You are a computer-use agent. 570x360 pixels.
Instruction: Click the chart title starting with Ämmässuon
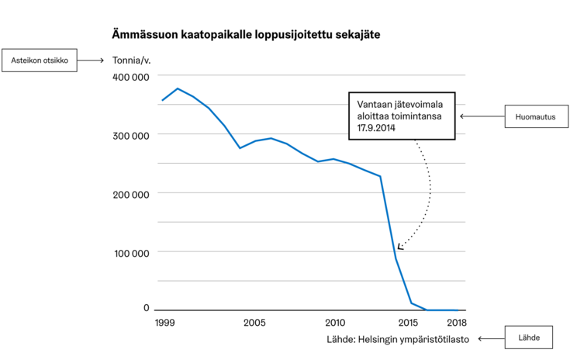pyautogui.click(x=246, y=35)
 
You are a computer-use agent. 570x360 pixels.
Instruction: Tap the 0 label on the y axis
pyautogui.click(x=146, y=308)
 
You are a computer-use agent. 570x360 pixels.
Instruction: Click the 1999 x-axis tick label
pyautogui.click(x=164, y=323)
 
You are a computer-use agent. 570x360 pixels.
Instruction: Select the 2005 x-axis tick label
pyautogui.click(x=254, y=323)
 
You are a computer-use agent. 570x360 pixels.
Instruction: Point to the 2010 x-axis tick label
pyautogui.click(x=335, y=323)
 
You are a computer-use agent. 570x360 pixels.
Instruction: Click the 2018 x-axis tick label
pyautogui.click(x=456, y=323)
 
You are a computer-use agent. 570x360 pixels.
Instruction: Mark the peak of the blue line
pyautogui.click(x=178, y=88)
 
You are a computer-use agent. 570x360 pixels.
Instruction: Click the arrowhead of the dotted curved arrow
pyautogui.click(x=400, y=247)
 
